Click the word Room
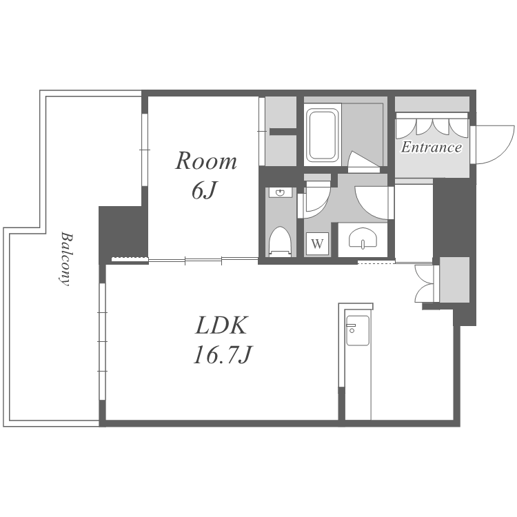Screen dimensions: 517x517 point(205,161)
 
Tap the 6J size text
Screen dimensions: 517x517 point(204,190)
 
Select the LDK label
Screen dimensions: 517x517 point(221,325)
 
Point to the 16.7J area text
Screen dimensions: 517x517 point(223,355)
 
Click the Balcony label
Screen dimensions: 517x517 point(66,259)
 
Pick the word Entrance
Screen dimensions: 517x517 point(432,147)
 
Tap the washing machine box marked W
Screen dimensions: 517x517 point(317,243)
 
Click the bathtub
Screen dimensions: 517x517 point(323,134)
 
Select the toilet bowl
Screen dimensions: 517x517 point(280,241)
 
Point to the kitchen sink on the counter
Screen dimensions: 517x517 point(357,330)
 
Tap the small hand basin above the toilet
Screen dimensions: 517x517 point(281,192)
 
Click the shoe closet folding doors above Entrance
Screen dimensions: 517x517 point(432,128)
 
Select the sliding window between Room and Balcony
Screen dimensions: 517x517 point(145,150)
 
